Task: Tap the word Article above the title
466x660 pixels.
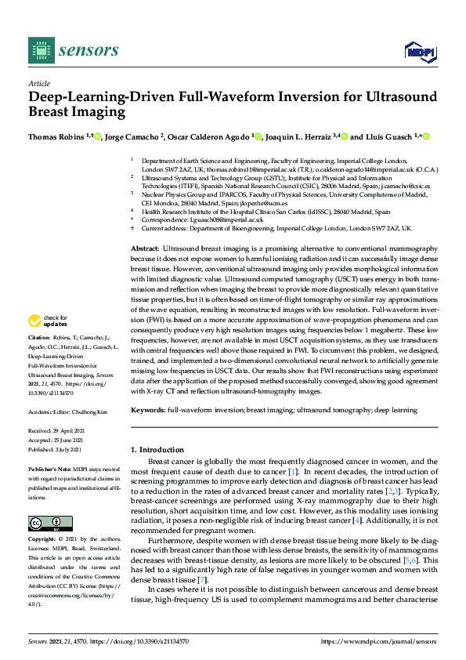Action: click(39, 84)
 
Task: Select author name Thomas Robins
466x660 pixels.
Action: click(56, 136)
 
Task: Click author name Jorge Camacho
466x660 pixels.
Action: click(133, 136)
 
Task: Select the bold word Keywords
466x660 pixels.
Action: click(148, 410)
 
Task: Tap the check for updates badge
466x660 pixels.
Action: click(47, 343)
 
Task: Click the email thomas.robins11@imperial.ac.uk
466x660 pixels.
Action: click(236, 169)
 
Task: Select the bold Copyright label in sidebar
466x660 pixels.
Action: click(43, 540)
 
